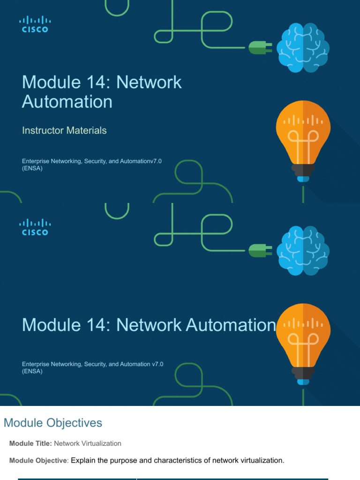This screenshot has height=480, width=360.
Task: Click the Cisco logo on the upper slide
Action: tap(35, 24)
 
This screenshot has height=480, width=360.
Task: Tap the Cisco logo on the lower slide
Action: tap(35, 227)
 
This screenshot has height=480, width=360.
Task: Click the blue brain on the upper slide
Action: tap(302, 48)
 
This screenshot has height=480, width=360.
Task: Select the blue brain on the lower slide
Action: tap(302, 250)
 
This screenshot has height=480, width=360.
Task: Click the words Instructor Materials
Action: tap(64, 130)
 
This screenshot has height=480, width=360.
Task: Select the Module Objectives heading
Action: tap(53, 423)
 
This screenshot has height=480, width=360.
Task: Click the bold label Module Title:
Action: tap(30, 443)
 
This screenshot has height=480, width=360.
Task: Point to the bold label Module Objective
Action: tap(38, 460)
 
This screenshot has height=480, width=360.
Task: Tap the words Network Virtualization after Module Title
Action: tap(88, 443)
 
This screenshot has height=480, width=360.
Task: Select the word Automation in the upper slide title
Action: tap(67, 102)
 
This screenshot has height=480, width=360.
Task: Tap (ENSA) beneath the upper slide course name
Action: tap(32, 169)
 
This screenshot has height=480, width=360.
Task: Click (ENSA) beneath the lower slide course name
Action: tap(32, 371)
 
